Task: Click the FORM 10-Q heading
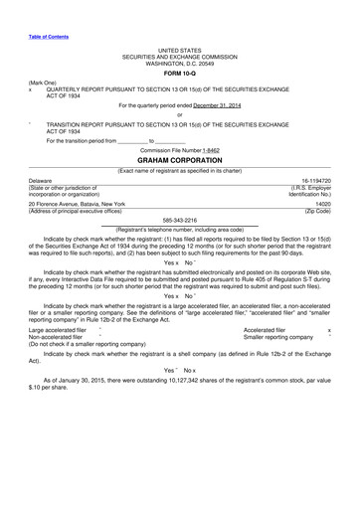(179, 73)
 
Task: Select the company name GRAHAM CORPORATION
(179, 159)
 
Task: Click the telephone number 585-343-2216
(179, 222)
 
